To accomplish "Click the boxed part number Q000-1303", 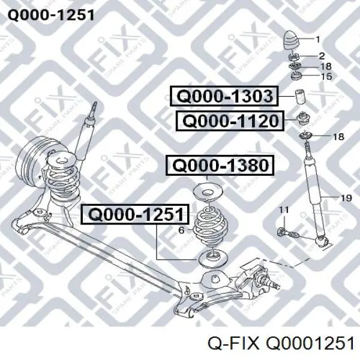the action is click(x=224, y=96).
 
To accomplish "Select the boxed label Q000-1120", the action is click(x=230, y=121).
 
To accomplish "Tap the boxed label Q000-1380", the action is click(x=220, y=166).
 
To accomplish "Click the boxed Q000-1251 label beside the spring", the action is click(x=136, y=214).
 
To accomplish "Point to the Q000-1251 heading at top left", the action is click(x=51, y=16).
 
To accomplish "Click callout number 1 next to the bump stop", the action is click(x=318, y=40).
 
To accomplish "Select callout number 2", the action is click(x=322, y=56).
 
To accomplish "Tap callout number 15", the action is click(x=326, y=76).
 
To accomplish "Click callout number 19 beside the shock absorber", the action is click(x=346, y=198).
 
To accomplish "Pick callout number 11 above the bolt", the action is click(x=284, y=209).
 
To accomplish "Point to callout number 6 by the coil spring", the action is click(x=181, y=230).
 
